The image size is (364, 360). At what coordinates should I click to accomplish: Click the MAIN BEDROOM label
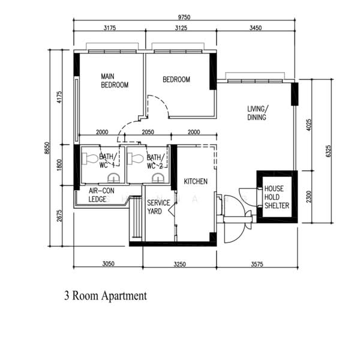(115, 80)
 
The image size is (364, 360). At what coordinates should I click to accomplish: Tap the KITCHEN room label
(195, 181)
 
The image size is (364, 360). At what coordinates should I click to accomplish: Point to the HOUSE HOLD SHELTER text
(276, 197)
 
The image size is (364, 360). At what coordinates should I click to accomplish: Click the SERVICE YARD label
(158, 207)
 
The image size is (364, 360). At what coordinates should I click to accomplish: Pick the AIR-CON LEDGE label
(101, 195)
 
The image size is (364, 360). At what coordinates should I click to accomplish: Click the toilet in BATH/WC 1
(90, 158)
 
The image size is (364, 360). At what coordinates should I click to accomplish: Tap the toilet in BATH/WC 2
(136, 158)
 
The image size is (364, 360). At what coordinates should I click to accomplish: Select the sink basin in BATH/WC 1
(114, 178)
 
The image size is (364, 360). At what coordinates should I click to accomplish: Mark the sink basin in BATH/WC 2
(158, 178)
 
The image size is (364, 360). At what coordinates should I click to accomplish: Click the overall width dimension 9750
(184, 17)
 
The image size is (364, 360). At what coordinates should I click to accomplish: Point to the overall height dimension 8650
(47, 148)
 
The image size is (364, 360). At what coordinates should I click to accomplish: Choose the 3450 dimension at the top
(255, 28)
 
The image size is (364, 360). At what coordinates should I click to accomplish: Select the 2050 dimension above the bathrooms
(148, 132)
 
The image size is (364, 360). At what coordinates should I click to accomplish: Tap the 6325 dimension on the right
(328, 151)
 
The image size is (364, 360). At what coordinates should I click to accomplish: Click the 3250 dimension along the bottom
(180, 264)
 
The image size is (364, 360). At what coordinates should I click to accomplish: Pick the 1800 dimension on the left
(59, 165)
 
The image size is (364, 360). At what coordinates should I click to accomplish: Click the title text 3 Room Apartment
(106, 296)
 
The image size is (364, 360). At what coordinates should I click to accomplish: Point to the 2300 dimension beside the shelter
(308, 197)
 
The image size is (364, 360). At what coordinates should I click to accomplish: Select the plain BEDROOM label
(176, 79)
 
